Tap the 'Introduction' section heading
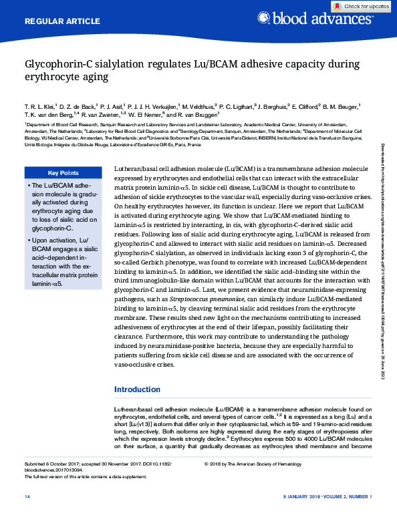[x=137, y=389]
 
